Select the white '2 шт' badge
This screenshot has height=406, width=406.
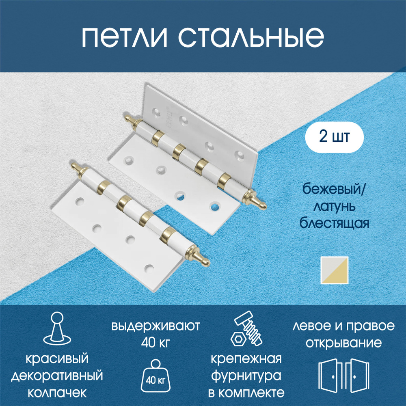[334, 137]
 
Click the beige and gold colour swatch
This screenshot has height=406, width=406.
[334, 270]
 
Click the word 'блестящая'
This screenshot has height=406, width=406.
[334, 223]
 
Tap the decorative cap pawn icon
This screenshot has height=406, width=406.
[57, 328]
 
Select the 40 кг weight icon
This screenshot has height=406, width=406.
[155, 376]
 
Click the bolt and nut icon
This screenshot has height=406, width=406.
[246, 329]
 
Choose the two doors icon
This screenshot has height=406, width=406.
[343, 375]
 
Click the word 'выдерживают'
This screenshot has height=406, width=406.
[155, 326]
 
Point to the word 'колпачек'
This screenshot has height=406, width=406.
[57, 393]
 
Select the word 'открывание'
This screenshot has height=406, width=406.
[343, 343]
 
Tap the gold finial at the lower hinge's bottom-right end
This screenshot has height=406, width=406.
[199, 255]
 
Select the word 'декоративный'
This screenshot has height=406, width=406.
[57, 376]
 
